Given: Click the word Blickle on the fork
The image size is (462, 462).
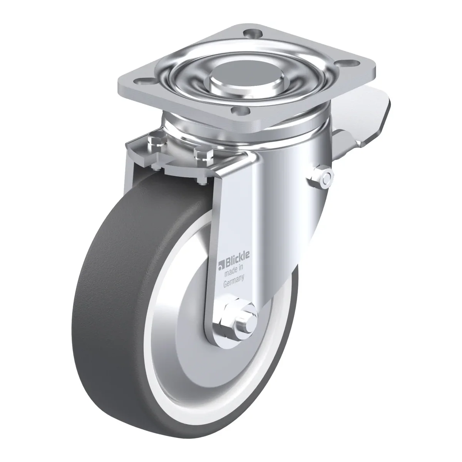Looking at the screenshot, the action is (237, 258).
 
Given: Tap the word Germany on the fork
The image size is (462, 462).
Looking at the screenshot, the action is (234, 281).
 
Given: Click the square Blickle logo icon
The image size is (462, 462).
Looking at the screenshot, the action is (221, 265).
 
